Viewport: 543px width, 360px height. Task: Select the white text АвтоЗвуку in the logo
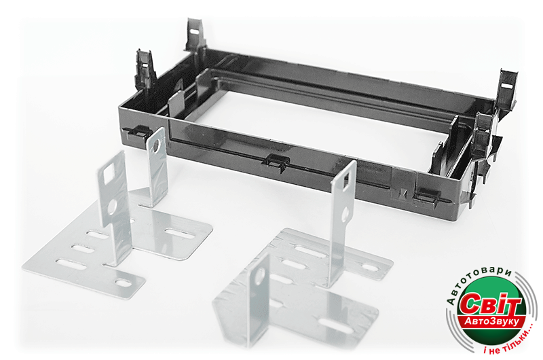[x=492, y=321]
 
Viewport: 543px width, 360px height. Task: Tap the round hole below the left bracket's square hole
[x=113, y=206]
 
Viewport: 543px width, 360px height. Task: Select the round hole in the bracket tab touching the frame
[x=157, y=145]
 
